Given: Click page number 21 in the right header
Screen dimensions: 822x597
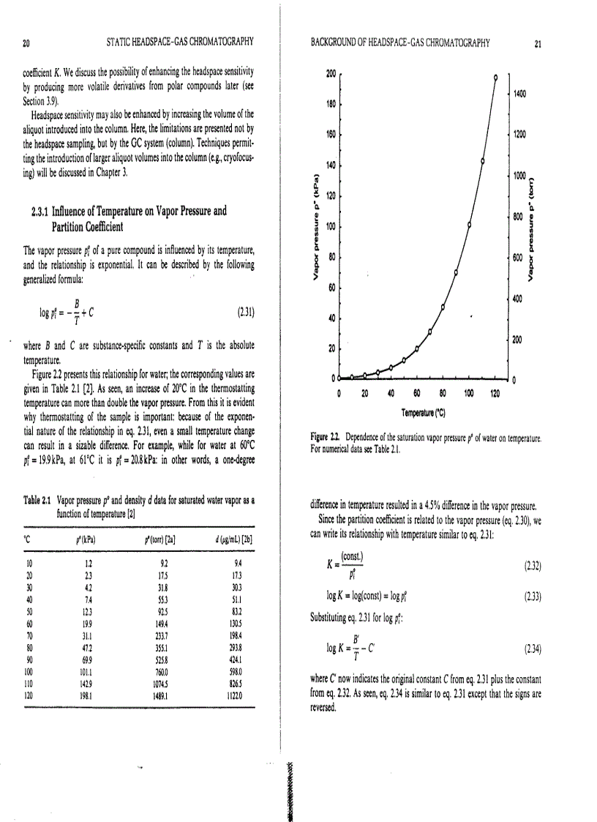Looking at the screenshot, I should coord(538,43).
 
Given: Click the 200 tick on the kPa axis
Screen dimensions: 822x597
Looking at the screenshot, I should coord(330,74).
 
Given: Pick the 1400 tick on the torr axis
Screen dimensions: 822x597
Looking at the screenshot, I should coord(521,94).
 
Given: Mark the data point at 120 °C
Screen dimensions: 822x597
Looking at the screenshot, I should coord(495,76).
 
